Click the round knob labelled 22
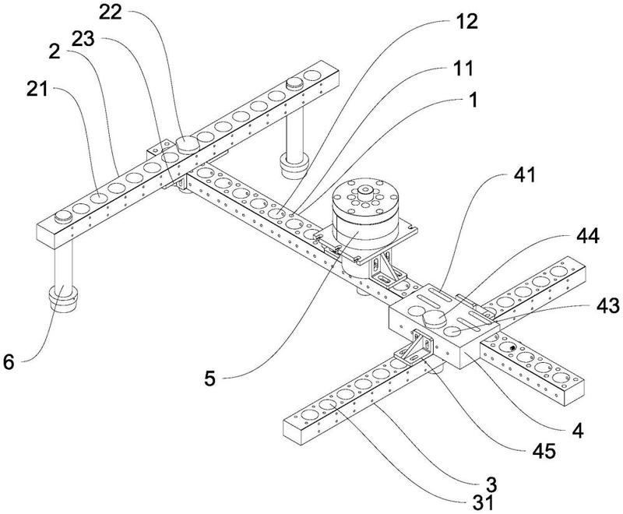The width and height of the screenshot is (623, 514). (x=188, y=143)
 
